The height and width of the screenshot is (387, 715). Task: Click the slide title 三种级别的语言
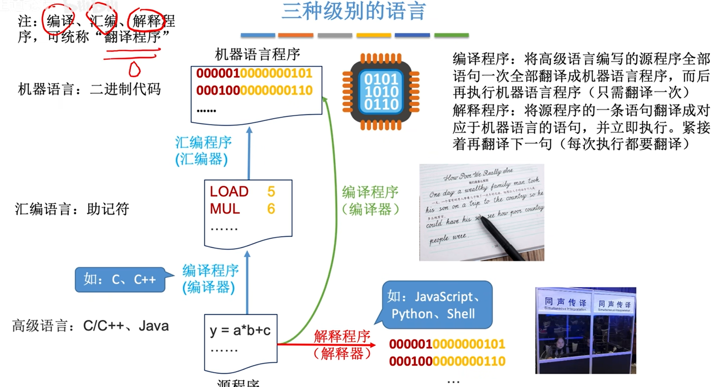(x=353, y=11)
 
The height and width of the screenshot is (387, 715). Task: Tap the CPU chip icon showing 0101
(x=381, y=92)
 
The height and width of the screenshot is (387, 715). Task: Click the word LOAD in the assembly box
(x=229, y=191)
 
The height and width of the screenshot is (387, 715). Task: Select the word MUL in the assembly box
(x=225, y=209)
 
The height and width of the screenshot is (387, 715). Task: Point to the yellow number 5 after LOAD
(x=271, y=191)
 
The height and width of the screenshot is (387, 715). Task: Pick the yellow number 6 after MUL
(x=271, y=209)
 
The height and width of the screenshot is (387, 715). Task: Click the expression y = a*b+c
(x=240, y=330)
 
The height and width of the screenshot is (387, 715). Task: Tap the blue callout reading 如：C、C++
(x=120, y=279)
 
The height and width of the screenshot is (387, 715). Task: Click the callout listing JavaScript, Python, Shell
(x=437, y=305)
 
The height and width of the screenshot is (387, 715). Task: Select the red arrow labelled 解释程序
(x=326, y=344)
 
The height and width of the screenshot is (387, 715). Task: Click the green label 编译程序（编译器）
(x=370, y=200)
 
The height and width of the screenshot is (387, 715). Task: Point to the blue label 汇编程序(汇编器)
(x=203, y=150)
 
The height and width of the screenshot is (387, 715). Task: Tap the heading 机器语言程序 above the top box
(x=257, y=54)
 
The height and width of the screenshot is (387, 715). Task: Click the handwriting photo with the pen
(x=481, y=213)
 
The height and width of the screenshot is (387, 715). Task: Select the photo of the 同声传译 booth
(x=586, y=330)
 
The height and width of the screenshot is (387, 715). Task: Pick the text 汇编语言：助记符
(x=72, y=209)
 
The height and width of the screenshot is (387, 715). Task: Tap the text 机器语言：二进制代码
(x=89, y=89)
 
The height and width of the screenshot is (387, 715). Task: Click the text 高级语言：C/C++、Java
(x=91, y=326)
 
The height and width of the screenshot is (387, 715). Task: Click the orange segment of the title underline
(x=295, y=35)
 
